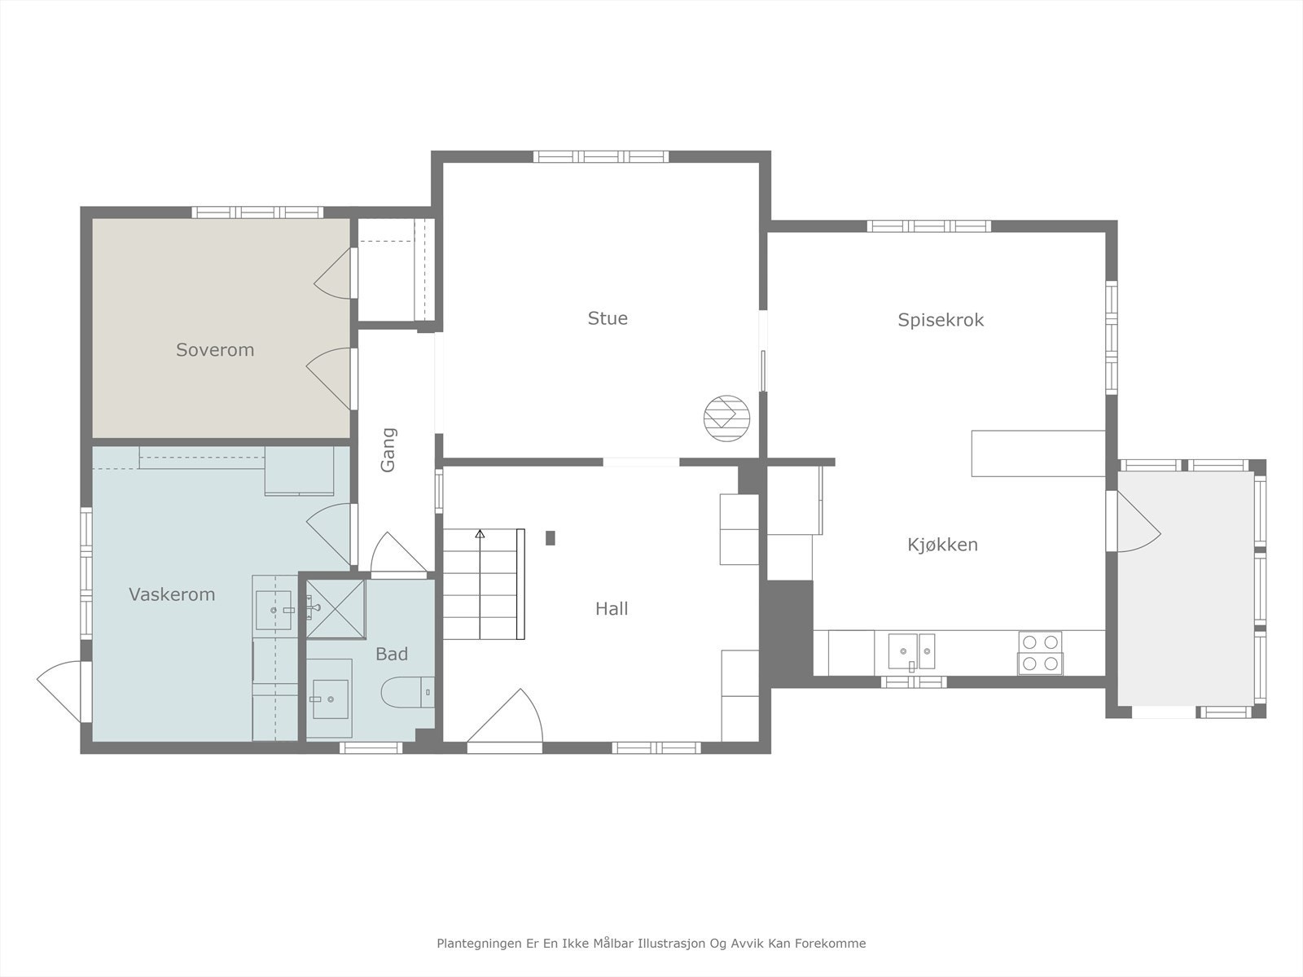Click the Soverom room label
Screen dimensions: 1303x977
point(215,350)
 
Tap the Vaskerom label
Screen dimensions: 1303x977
point(172,594)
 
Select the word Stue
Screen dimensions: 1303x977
point(608,318)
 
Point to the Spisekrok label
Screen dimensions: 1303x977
point(941,320)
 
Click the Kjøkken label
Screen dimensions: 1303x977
point(943,545)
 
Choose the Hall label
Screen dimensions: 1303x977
point(612,609)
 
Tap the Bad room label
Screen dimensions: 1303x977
point(392,655)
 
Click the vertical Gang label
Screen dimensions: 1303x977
point(388,449)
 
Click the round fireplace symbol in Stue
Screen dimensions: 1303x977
point(726,418)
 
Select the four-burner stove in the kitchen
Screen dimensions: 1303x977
point(1041,653)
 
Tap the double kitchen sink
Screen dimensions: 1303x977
point(912,651)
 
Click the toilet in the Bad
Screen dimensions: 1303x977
point(407,692)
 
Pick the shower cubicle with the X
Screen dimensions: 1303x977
point(336,609)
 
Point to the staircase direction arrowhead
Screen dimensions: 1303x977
point(480,534)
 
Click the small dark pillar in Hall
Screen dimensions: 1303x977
point(551,538)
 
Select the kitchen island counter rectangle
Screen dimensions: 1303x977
point(1038,453)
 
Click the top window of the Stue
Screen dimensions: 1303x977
point(601,156)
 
